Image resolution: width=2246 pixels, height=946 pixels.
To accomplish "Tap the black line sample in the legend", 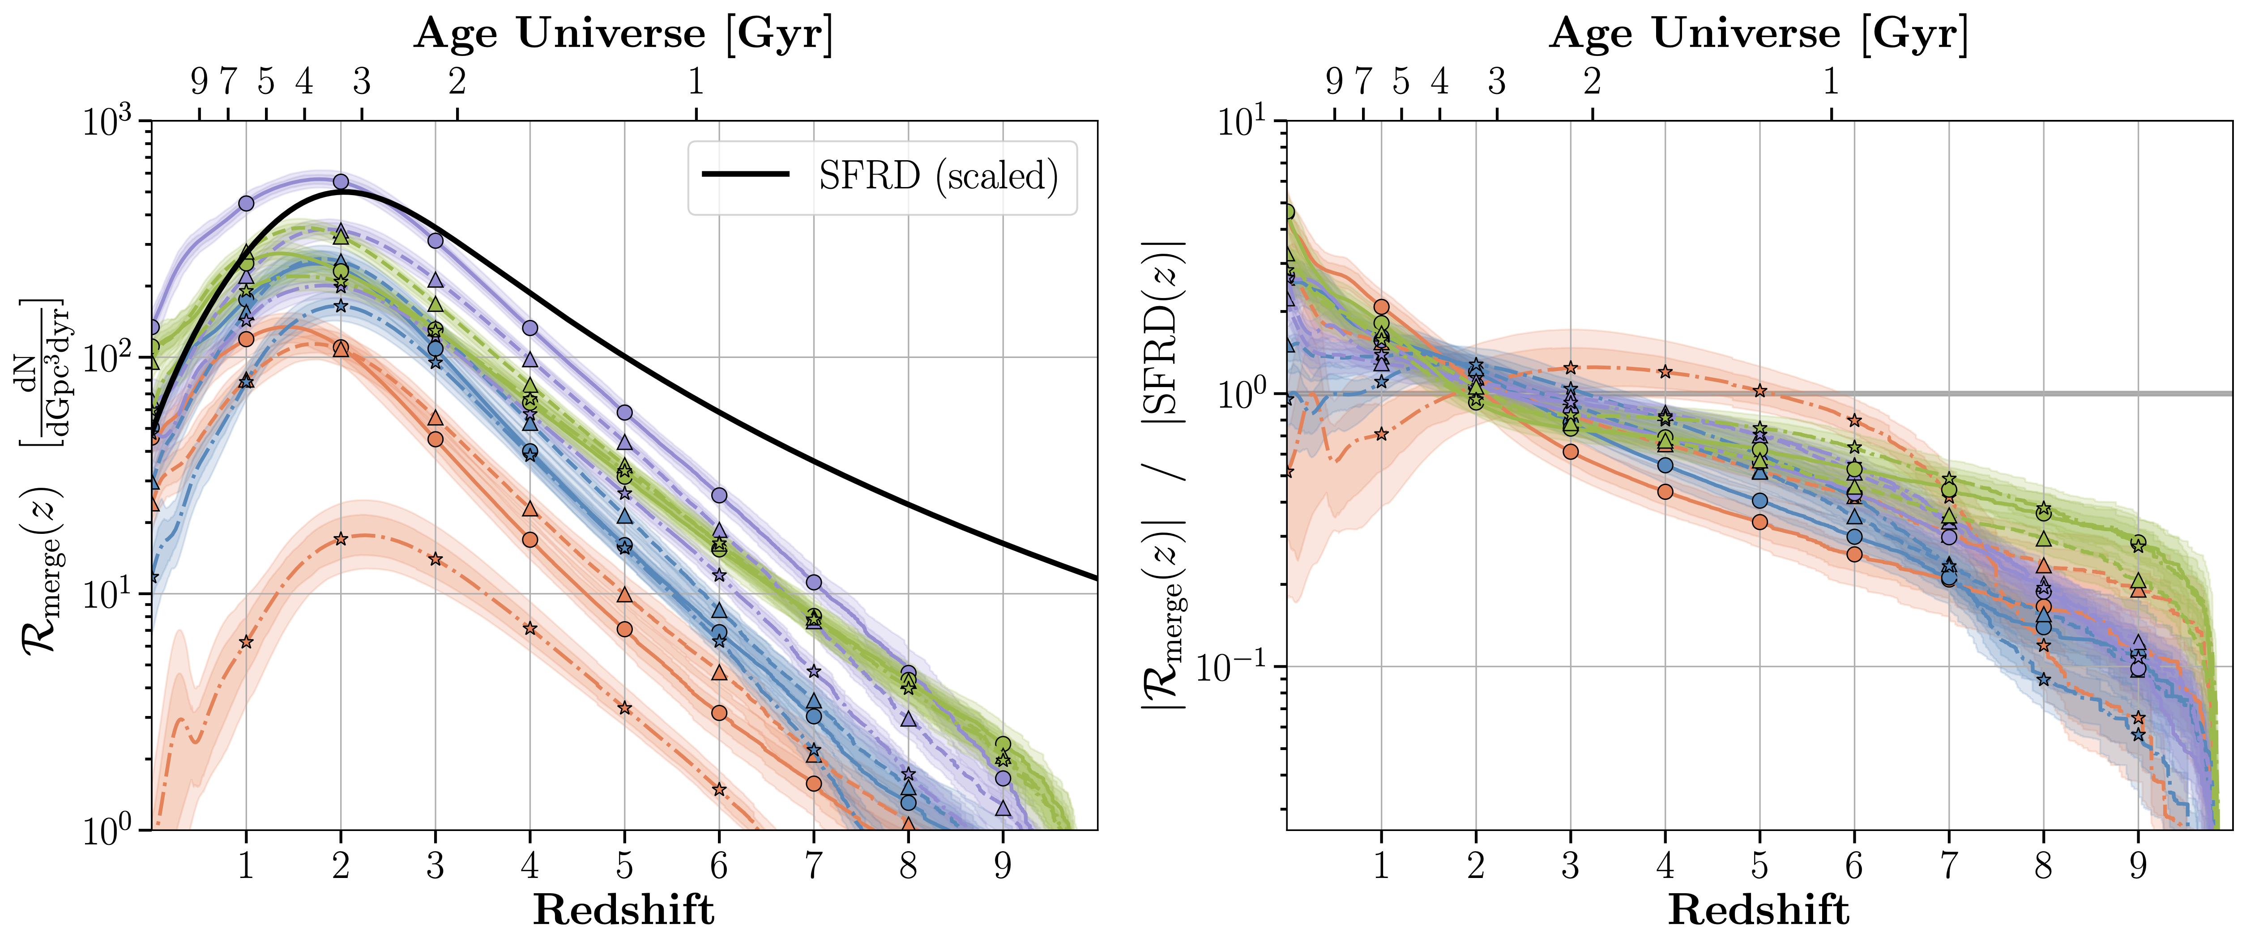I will [746, 175].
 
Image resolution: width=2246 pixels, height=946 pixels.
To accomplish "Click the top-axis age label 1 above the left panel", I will [696, 82].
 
